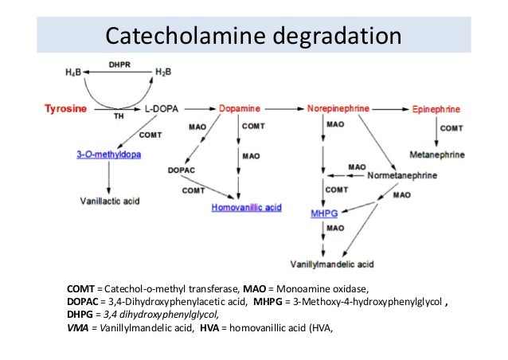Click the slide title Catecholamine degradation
point(254,36)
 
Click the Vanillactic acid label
point(110,202)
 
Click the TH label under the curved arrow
point(119,115)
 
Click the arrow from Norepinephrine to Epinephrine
point(389,106)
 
